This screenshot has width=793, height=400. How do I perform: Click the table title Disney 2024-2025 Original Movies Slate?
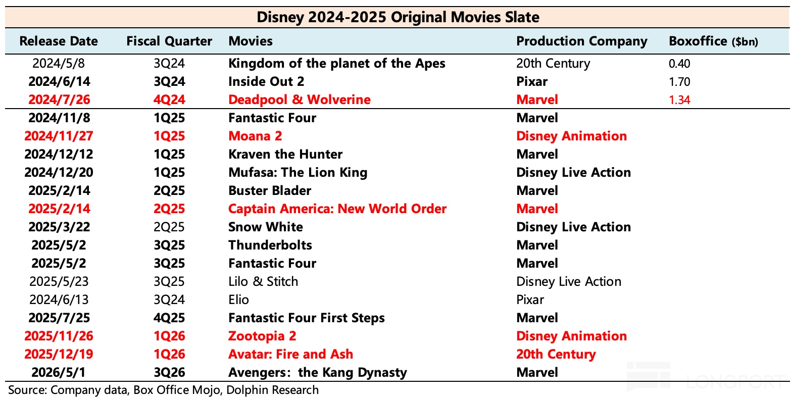coord(398,17)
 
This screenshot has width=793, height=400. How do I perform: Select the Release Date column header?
coord(59,41)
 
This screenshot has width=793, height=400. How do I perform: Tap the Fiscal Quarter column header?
coord(169,41)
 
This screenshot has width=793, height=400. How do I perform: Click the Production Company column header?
coord(582,41)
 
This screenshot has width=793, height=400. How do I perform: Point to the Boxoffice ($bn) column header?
coord(713,41)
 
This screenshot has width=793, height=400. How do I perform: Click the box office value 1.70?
coord(679,82)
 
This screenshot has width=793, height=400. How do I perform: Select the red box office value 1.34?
coord(679,100)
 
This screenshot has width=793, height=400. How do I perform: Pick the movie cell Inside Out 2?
coord(266,81)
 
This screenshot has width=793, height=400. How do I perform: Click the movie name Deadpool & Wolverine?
coord(300,99)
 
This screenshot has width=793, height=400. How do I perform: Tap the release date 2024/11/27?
coord(59,136)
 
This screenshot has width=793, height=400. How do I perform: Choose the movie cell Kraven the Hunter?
coord(285,154)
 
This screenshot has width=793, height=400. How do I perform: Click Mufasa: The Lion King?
coord(298,172)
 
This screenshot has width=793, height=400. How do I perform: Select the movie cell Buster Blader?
coord(270,190)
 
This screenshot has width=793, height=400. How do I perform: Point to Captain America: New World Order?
coord(337,209)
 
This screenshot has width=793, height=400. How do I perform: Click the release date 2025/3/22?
coord(59,227)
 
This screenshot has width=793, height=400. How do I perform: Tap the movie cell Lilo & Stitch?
coord(263,281)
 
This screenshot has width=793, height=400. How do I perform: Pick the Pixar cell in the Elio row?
coord(530,299)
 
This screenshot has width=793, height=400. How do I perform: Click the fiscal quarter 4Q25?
coord(169,318)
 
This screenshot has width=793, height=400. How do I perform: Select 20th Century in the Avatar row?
coord(556,354)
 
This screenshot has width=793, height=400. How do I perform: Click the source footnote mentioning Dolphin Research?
coord(163,390)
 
